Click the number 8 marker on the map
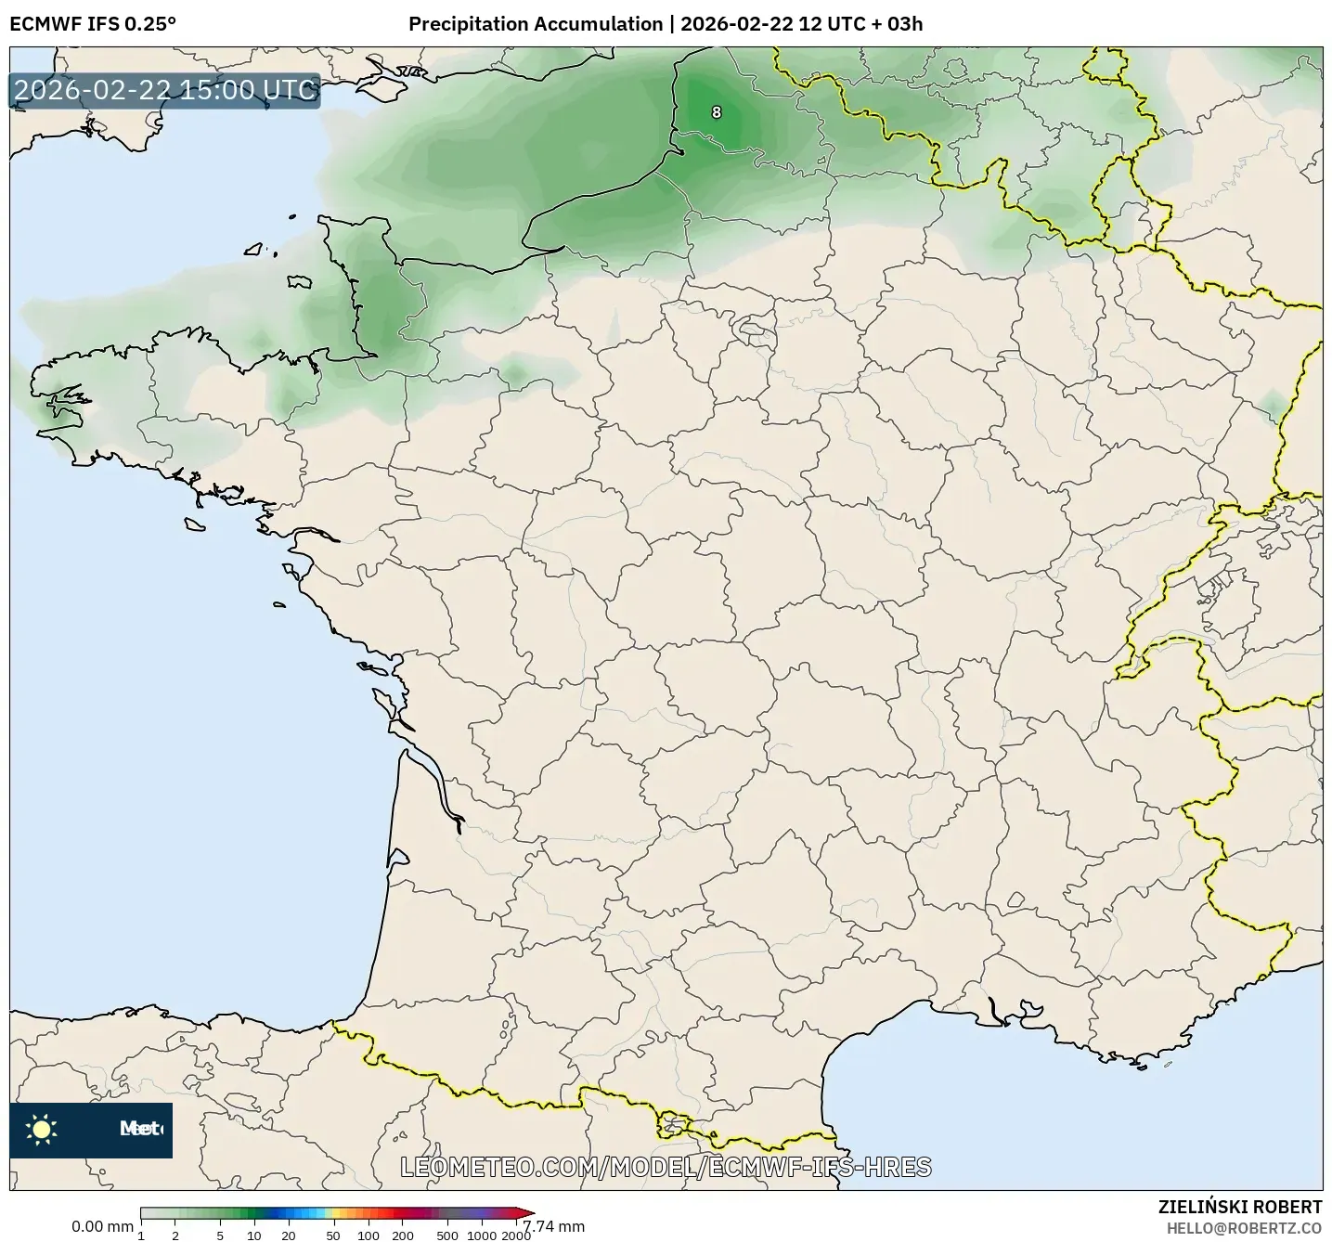click(x=716, y=112)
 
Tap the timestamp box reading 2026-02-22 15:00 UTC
click(x=164, y=90)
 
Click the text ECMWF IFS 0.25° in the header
click(x=92, y=24)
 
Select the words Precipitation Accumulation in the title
click(x=536, y=24)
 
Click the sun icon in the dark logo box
click(x=42, y=1129)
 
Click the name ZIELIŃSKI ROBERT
click(x=1240, y=1207)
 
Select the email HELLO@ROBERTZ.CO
click(x=1244, y=1228)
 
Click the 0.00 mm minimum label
click(x=102, y=1226)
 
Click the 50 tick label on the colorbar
click(x=333, y=1236)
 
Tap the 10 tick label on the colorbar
click(x=254, y=1236)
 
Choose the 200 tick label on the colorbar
click(x=403, y=1236)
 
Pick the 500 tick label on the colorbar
click(x=447, y=1236)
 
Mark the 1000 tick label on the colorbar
click(x=482, y=1236)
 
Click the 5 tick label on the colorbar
click(x=220, y=1236)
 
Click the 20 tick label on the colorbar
click(x=289, y=1236)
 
